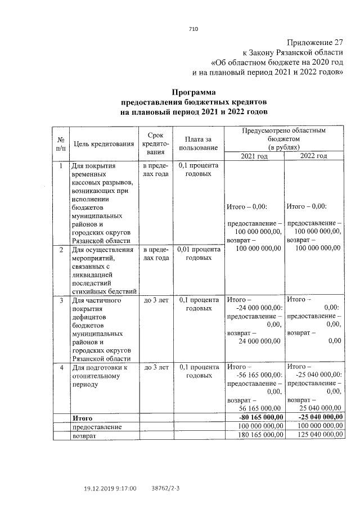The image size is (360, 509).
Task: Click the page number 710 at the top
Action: tap(193, 29)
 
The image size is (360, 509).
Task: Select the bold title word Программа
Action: tap(193, 91)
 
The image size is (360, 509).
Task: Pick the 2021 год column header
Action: tap(254, 156)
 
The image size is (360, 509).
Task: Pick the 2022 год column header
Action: tap(314, 156)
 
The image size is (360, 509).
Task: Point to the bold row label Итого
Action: tap(82, 418)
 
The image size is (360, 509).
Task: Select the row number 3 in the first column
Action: tap(61, 301)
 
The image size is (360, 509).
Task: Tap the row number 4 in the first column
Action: tap(61, 367)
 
